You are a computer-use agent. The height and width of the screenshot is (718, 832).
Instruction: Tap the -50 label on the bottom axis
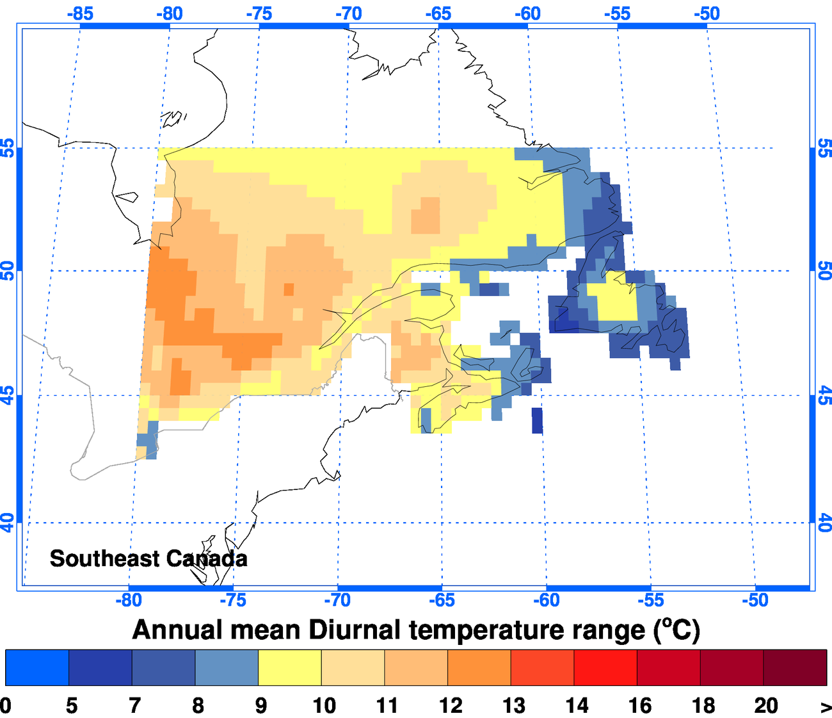(x=755, y=600)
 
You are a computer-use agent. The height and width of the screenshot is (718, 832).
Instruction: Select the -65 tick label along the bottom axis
(x=442, y=600)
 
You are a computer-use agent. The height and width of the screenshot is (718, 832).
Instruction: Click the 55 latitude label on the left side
(x=8, y=148)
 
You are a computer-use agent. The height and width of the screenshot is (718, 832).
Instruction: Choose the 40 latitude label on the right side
(x=824, y=523)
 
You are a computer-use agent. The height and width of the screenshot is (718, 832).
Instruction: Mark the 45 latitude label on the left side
(x=8, y=395)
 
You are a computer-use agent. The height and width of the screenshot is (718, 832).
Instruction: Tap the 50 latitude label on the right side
(x=824, y=271)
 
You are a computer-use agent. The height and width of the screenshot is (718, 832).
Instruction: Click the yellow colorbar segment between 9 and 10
(x=289, y=667)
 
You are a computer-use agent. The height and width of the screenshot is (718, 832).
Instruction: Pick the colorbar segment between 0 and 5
(x=37, y=667)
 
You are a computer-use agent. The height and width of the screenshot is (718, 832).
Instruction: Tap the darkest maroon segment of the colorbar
(x=795, y=667)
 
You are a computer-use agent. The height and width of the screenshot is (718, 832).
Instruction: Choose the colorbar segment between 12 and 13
(x=479, y=667)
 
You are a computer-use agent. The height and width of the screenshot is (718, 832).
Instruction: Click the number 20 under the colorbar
(x=765, y=706)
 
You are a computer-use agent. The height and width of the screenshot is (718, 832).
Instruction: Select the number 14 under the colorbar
(x=577, y=706)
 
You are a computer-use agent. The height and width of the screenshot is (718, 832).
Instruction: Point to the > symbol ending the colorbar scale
(x=826, y=706)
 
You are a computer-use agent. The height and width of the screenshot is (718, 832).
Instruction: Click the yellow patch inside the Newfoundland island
(x=614, y=300)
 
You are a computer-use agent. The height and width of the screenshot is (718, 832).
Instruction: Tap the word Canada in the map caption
(x=205, y=559)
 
